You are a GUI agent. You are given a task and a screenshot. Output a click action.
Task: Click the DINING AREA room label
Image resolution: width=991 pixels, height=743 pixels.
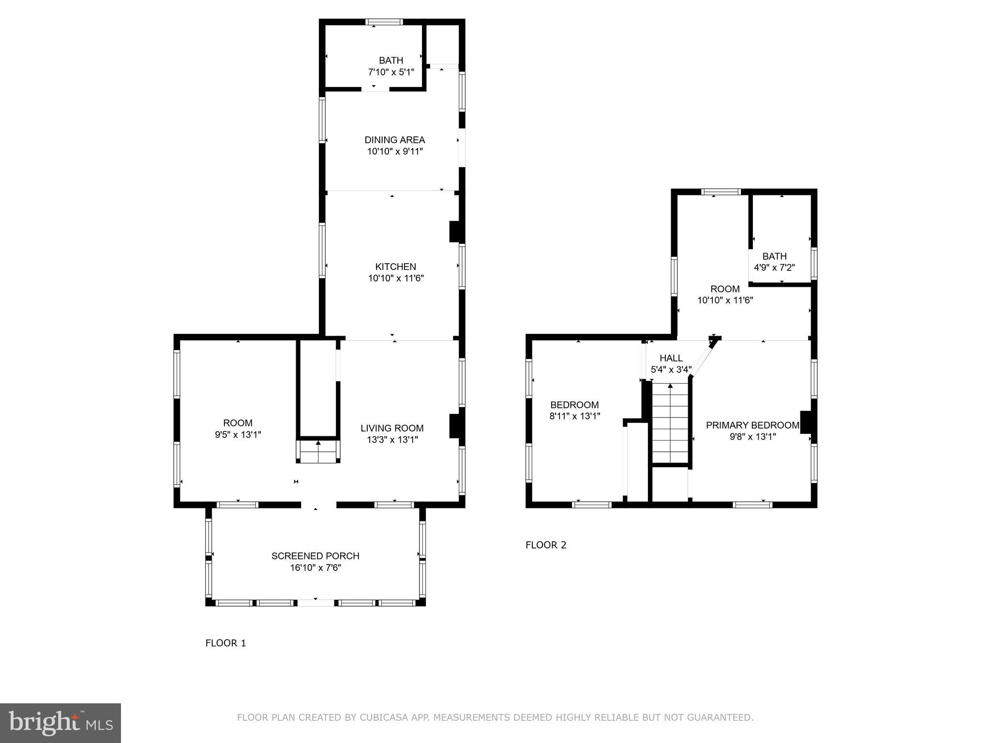point(394,140)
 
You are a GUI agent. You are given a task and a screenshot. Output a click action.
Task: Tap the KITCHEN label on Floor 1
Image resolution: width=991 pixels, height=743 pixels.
point(395,267)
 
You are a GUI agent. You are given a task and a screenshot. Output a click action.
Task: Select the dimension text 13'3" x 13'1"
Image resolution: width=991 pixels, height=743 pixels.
point(392,440)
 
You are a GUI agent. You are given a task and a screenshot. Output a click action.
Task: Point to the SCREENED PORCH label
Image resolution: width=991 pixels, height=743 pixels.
point(315,556)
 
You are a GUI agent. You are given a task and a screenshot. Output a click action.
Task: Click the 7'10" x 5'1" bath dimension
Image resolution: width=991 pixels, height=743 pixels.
point(391,72)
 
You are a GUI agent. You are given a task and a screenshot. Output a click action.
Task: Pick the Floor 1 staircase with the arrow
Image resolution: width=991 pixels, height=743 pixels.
point(318,451)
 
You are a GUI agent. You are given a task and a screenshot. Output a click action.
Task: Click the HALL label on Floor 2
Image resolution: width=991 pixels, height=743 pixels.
point(671,358)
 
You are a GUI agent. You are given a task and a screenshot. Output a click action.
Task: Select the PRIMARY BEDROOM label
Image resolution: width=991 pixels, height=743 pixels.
point(752,425)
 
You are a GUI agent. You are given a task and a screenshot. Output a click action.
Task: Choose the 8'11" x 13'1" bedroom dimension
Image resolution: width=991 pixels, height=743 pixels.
point(574,416)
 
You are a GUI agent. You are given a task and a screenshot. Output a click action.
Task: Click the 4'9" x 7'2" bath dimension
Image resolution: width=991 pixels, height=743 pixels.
point(774,267)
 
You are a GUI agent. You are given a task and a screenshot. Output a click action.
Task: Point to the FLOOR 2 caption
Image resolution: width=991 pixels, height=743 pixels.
point(545,545)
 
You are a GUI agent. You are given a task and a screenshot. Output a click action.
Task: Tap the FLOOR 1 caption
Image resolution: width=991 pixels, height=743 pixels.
point(225,643)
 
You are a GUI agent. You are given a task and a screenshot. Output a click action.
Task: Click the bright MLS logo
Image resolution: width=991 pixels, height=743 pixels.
point(60,723)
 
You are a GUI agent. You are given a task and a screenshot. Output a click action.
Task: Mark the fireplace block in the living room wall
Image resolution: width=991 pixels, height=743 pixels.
point(456,426)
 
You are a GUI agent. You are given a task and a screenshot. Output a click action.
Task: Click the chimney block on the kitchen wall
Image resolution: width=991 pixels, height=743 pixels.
point(456,232)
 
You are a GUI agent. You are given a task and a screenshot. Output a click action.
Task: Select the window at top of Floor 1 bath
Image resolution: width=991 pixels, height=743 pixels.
point(384,22)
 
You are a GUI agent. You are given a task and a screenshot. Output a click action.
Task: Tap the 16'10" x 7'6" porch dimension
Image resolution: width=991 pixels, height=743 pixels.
point(315,567)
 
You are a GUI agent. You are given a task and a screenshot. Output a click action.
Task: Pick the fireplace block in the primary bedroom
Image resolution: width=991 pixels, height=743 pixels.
point(806,422)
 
